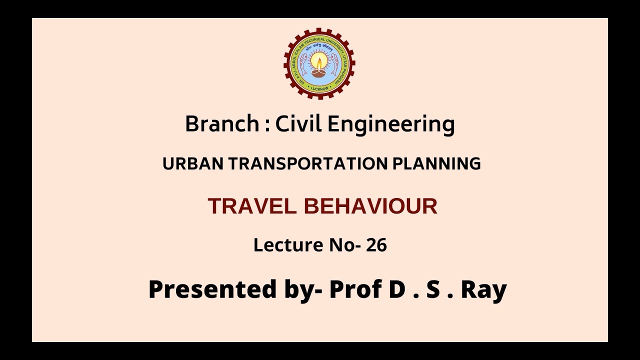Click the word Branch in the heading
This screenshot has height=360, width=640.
[x=221, y=124]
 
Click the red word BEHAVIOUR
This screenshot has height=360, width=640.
[x=370, y=206]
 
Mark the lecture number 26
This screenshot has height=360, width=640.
[x=376, y=245]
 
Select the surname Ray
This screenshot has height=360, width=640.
[x=483, y=290]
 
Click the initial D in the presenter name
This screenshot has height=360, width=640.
[x=396, y=289]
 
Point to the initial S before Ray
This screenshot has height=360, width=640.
[x=433, y=289]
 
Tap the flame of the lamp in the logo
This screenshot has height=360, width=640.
[x=319, y=62]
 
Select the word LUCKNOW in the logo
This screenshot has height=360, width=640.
[x=319, y=88]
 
